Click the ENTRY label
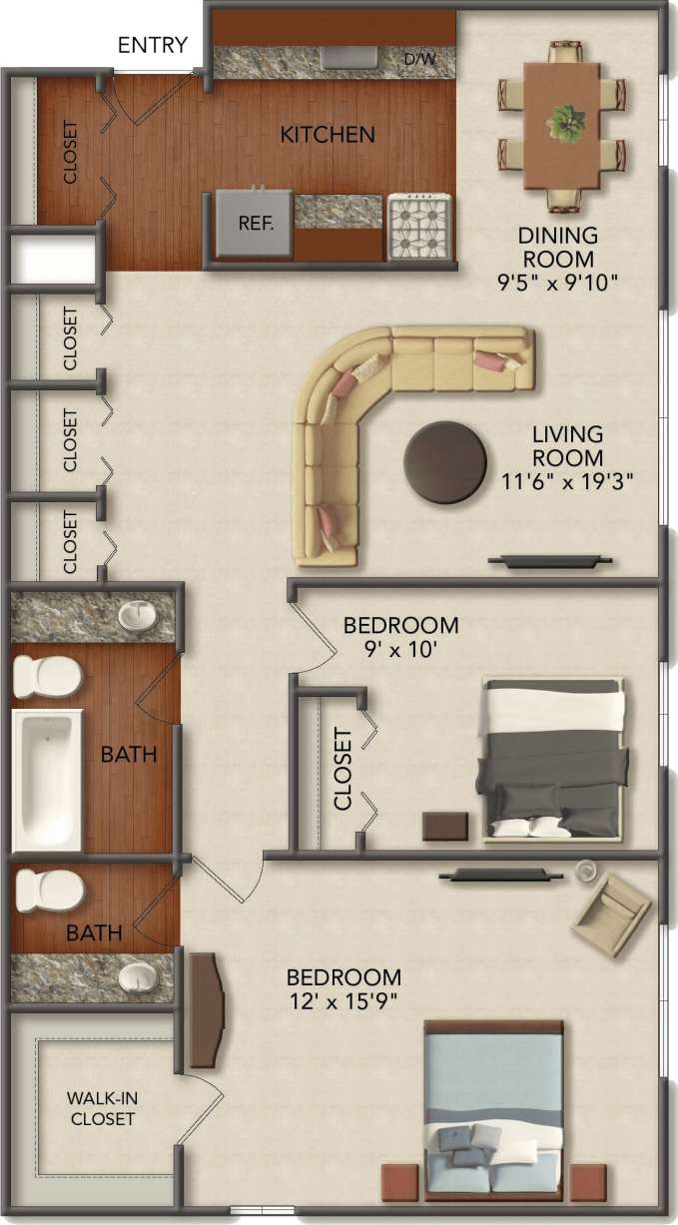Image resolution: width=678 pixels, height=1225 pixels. (153, 45)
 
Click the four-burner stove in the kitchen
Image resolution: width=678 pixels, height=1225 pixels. (420, 225)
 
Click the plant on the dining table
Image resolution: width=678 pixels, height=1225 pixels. (565, 123)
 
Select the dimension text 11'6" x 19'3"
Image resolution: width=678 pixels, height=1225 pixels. (568, 483)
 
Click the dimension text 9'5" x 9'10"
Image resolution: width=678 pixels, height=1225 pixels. (558, 283)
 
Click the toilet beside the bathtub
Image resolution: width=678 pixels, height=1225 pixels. (46, 677)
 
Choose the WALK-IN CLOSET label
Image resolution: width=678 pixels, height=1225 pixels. (103, 1108)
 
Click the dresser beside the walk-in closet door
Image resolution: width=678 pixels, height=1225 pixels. (207, 1010)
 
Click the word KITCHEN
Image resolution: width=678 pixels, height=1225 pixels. (328, 135)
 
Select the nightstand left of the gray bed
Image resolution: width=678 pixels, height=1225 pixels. (445, 826)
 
